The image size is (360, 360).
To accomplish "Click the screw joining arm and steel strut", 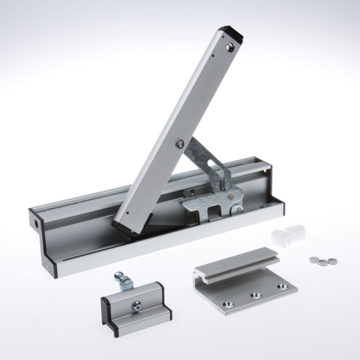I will coord(180,143).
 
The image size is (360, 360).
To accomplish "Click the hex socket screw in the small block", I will coord(137,307).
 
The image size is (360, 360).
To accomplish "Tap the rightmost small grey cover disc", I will coord(332,262).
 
